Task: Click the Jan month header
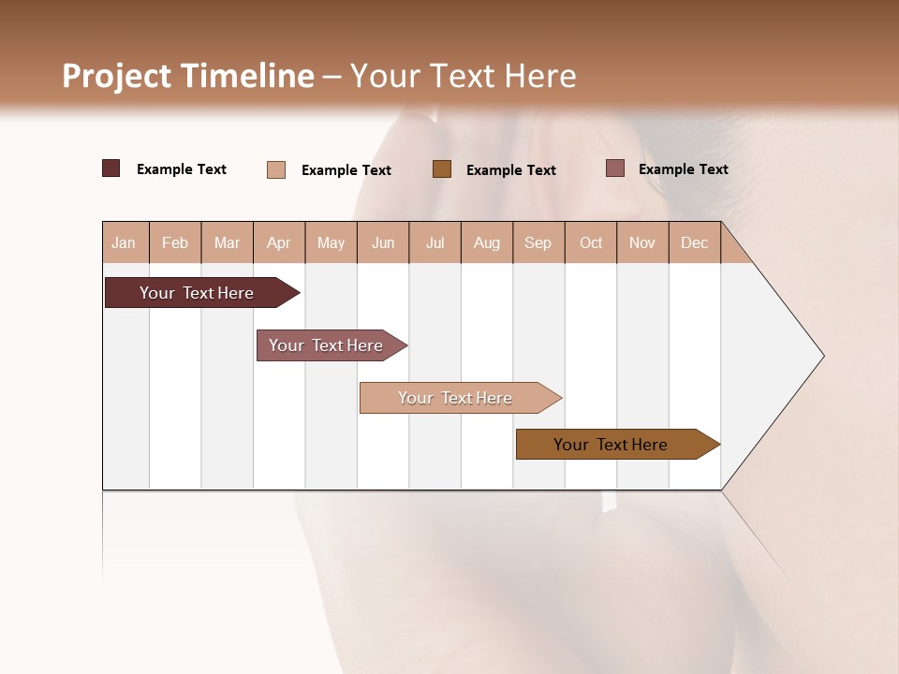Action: tap(124, 242)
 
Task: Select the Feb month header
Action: tap(175, 242)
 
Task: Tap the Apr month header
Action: tap(279, 242)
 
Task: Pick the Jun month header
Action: tap(383, 242)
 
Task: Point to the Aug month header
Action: tap(487, 242)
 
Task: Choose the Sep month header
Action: tap(538, 242)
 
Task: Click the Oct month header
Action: tap(591, 242)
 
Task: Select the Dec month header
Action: tap(694, 242)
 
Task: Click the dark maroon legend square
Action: tap(111, 168)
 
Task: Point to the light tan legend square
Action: tap(276, 169)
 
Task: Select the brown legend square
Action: tap(442, 168)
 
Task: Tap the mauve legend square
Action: tap(615, 168)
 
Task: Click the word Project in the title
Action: tap(115, 76)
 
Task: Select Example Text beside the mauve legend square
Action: tap(683, 168)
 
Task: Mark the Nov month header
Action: tap(642, 242)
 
